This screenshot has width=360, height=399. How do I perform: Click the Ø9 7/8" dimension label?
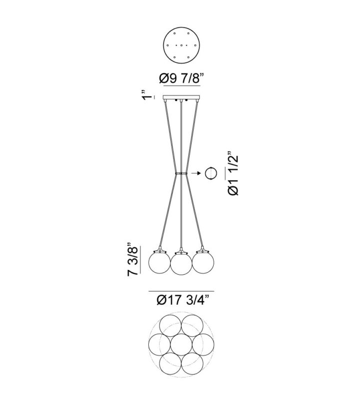point(182,78)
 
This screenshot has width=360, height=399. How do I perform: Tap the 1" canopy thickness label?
point(147,95)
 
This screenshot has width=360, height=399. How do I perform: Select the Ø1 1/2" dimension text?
point(233,174)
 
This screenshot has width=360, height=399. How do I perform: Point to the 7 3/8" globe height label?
point(133,261)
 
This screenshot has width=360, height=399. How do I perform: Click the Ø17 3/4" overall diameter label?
point(183,300)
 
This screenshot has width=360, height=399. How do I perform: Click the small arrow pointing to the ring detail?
point(195,173)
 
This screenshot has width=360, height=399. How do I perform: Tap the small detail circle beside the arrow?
point(211,173)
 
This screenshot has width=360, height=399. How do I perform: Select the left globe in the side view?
point(159,263)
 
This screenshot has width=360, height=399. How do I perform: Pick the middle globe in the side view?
point(181,264)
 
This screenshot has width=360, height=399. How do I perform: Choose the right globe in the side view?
point(203,263)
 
